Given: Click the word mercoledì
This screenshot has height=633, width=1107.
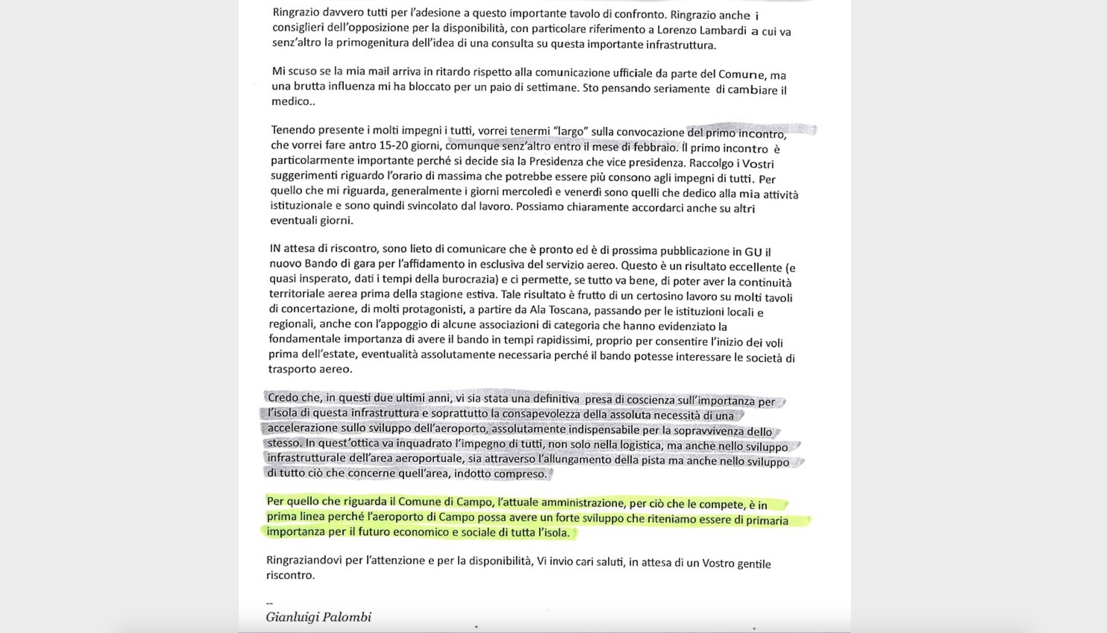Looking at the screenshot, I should pyautogui.click(x=527, y=191).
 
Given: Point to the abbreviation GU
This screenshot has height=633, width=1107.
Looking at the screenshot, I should pyautogui.click(x=753, y=252).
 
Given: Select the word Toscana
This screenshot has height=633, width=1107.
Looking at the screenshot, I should pyautogui.click(x=568, y=310).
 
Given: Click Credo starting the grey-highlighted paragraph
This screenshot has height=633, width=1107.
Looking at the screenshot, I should pyautogui.click(x=284, y=398).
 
